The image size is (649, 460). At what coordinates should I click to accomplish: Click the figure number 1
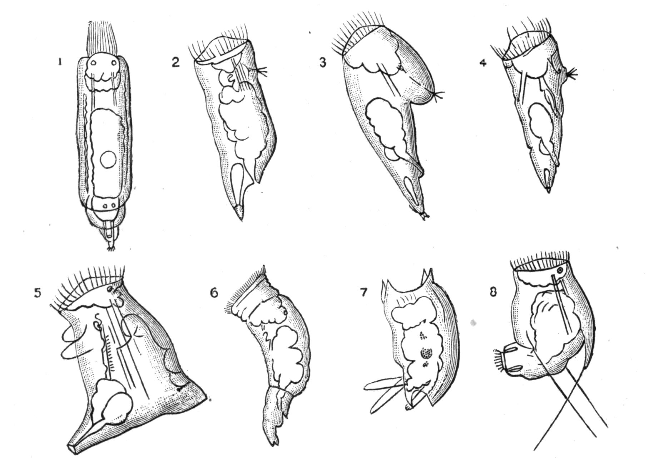[x=60, y=62]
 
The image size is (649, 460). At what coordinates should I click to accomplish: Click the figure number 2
[x=175, y=62]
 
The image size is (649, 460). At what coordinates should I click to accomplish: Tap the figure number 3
[x=323, y=63]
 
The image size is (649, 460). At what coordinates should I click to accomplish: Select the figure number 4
[x=483, y=63]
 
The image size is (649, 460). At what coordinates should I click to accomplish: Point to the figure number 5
[x=38, y=293]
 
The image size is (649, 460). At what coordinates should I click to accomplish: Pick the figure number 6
[x=213, y=293]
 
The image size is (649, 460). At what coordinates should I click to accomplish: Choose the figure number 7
[x=363, y=293]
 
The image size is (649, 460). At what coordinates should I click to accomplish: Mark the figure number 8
[x=493, y=292]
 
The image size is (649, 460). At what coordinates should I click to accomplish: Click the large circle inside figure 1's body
[x=108, y=160]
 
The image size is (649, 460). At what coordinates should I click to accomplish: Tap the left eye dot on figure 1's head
[x=93, y=63]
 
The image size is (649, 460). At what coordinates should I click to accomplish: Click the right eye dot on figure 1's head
[x=114, y=63]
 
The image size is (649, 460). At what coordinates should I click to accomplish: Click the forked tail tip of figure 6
[x=274, y=442]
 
